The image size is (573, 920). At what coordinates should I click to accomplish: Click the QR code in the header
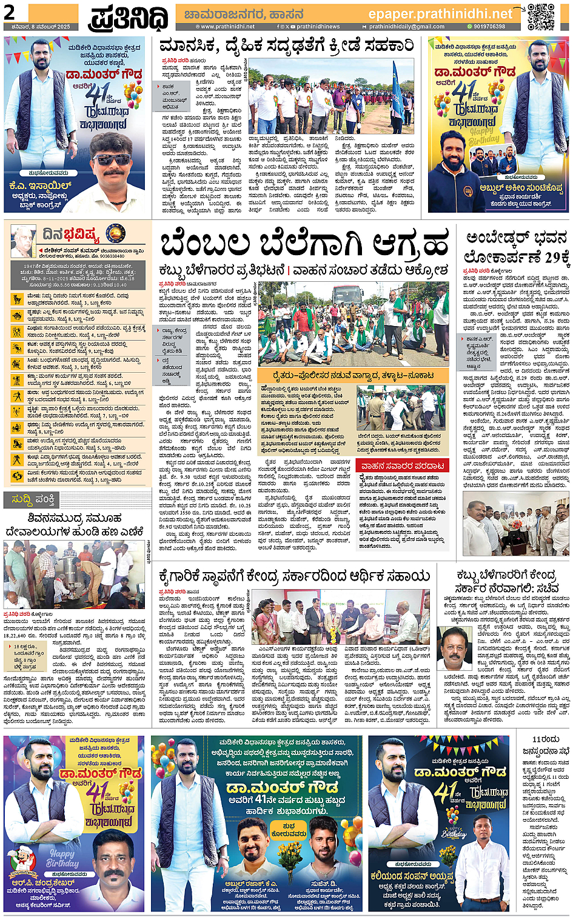click(540, 16)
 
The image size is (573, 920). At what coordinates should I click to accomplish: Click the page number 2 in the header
click(9, 12)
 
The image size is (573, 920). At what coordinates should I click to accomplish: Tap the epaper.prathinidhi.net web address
click(440, 13)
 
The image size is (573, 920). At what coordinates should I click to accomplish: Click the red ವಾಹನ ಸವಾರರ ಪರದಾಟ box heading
click(402, 465)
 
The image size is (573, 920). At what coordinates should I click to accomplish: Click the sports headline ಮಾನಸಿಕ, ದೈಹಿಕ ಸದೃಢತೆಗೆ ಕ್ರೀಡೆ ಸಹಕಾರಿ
click(286, 46)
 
